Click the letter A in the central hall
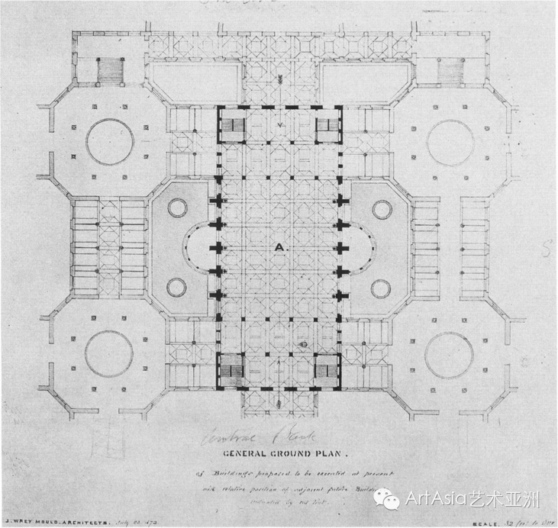279,246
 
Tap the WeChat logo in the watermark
389,500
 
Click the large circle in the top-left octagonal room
110,141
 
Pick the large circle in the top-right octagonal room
450,141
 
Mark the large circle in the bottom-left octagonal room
109,354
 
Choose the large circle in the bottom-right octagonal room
449,355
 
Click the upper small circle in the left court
176,207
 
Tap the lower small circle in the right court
381,288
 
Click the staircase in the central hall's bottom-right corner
327,371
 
